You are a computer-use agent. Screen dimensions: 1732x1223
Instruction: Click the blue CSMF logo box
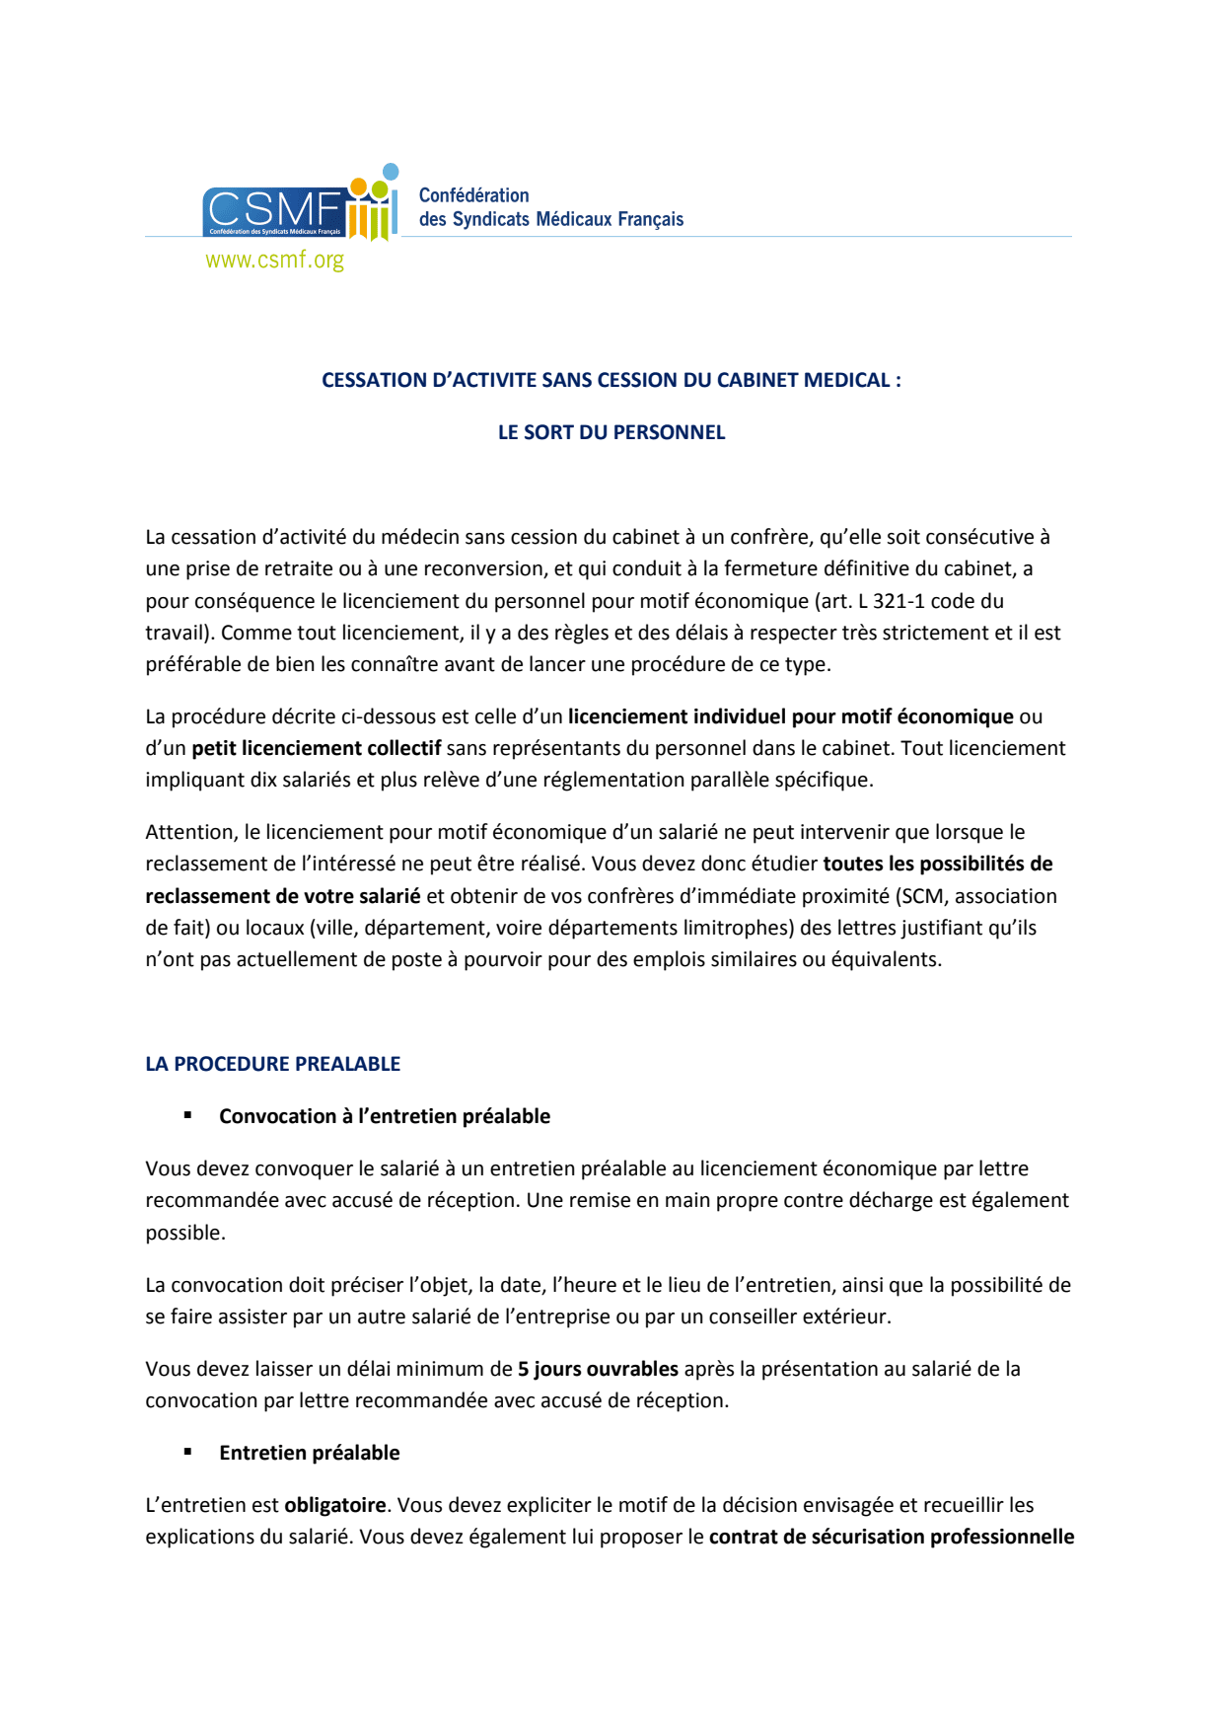click(273, 211)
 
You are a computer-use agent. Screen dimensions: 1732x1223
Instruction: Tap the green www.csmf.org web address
click(274, 260)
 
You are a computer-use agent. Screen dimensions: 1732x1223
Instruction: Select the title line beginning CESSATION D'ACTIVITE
click(611, 380)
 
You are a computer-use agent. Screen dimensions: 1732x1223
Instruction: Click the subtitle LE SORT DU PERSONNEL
click(611, 432)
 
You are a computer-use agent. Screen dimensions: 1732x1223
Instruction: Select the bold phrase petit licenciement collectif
click(316, 748)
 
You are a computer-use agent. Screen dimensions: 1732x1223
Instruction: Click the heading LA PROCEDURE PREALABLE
click(272, 1064)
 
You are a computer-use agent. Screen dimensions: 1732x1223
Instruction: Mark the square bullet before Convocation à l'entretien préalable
click(187, 1115)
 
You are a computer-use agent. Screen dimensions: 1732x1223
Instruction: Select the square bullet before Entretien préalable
click(187, 1452)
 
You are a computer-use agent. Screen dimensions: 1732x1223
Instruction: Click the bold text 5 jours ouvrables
click(598, 1369)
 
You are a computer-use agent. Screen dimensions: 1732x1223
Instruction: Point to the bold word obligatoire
click(334, 1505)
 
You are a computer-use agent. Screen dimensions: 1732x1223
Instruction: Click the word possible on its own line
click(184, 1233)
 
